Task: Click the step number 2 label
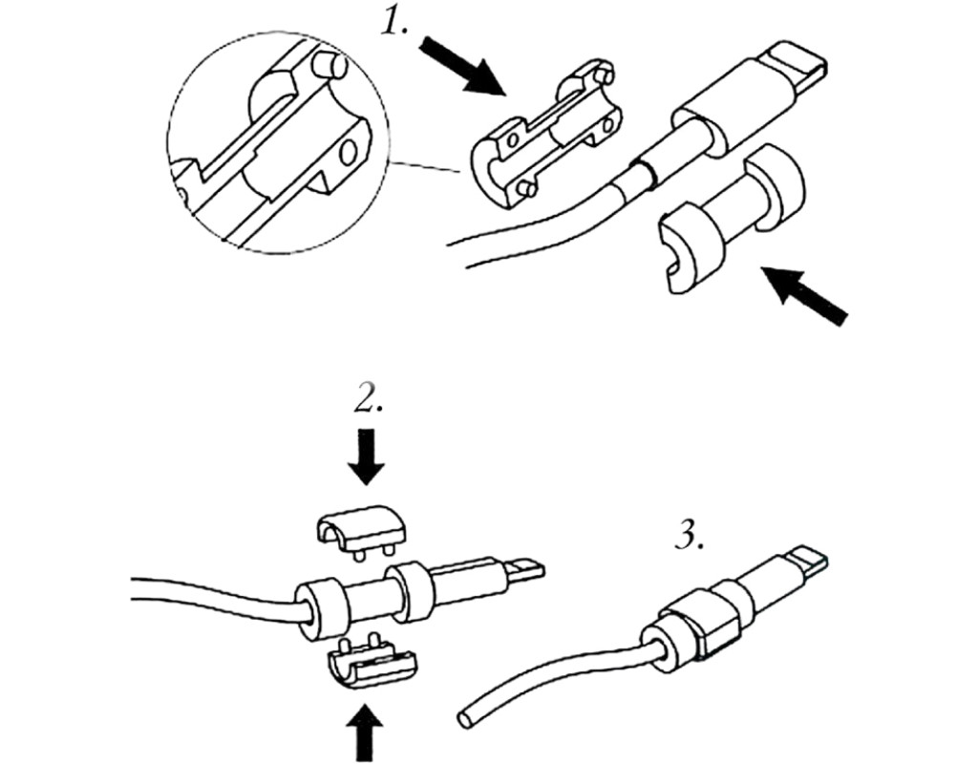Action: pos(367,399)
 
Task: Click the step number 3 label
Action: pos(690,536)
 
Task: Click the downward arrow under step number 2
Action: pos(366,457)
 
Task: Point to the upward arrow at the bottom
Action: pos(366,731)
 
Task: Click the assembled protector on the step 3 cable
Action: pos(693,626)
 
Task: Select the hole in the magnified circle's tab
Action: pos(350,151)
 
